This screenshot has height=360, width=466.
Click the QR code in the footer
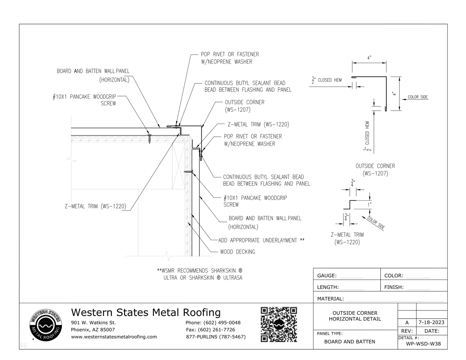coord(278,324)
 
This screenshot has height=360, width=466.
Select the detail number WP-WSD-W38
coord(423,343)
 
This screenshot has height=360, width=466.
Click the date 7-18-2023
coord(432,322)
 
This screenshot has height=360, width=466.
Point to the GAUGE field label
coord(327,276)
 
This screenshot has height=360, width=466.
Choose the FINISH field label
coord(394,287)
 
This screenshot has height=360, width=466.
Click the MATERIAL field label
coord(330,299)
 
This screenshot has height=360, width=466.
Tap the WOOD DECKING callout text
coord(237,252)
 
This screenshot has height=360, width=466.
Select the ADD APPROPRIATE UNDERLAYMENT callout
coord(261,241)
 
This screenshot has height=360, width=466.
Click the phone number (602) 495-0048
coord(213,322)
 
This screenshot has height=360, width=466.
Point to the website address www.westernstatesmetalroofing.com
coord(114,337)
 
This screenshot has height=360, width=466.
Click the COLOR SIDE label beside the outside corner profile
coord(418,97)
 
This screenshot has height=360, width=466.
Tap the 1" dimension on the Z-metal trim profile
coord(369,205)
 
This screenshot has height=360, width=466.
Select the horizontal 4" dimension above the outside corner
coord(369,58)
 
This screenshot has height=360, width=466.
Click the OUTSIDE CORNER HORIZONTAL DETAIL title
coord(355,316)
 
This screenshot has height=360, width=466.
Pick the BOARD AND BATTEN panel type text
coord(349,341)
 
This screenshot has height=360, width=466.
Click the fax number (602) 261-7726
coord(211,330)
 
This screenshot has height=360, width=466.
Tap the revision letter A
coord(407,322)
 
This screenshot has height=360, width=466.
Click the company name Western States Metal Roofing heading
coord(146,312)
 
